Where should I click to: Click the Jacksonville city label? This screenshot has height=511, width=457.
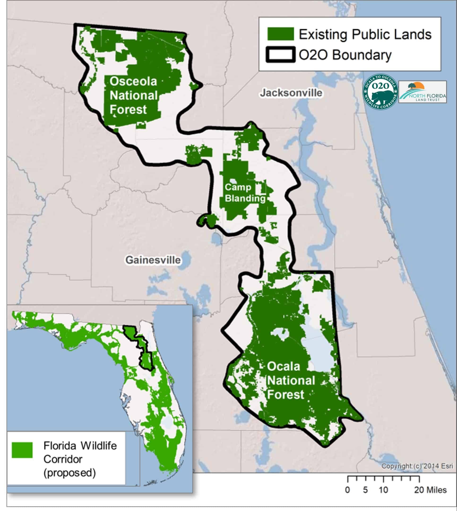pos(291,93)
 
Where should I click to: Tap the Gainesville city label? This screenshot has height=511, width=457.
pos(153,260)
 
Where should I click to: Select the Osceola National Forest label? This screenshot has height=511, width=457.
pos(133,96)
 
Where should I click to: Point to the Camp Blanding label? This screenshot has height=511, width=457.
pos(245,193)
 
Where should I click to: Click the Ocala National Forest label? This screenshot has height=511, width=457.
pos(291,381)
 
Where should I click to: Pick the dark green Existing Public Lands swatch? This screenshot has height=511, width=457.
pos(280,34)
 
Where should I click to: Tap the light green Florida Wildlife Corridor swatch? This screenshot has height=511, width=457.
pos(22,450)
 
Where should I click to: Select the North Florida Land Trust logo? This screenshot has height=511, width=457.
pos(423,92)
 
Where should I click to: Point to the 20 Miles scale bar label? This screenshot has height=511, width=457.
pos(430,490)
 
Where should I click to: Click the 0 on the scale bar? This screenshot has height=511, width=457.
pos(348,490)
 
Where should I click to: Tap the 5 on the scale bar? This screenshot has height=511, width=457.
pos(365,490)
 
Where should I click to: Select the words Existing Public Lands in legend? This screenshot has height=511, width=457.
pos(365,34)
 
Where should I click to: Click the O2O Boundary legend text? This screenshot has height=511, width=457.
pos(345,55)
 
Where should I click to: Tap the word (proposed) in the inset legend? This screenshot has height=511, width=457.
pos(69,473)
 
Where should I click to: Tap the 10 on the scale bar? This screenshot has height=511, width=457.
pos(383,490)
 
